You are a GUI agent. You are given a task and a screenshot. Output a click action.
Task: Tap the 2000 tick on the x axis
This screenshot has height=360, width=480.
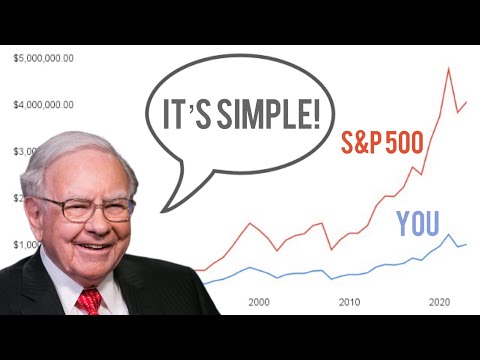tap(259, 301)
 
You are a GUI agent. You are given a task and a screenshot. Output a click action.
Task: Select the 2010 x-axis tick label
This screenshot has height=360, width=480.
tap(349, 301)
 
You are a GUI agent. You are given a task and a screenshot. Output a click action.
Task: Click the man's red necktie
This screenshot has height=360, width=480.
tap(89, 300)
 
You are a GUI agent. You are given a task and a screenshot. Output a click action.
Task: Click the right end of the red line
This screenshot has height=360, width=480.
tap(466, 102)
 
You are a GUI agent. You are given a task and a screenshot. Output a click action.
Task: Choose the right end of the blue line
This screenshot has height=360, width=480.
tap(466, 244)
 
